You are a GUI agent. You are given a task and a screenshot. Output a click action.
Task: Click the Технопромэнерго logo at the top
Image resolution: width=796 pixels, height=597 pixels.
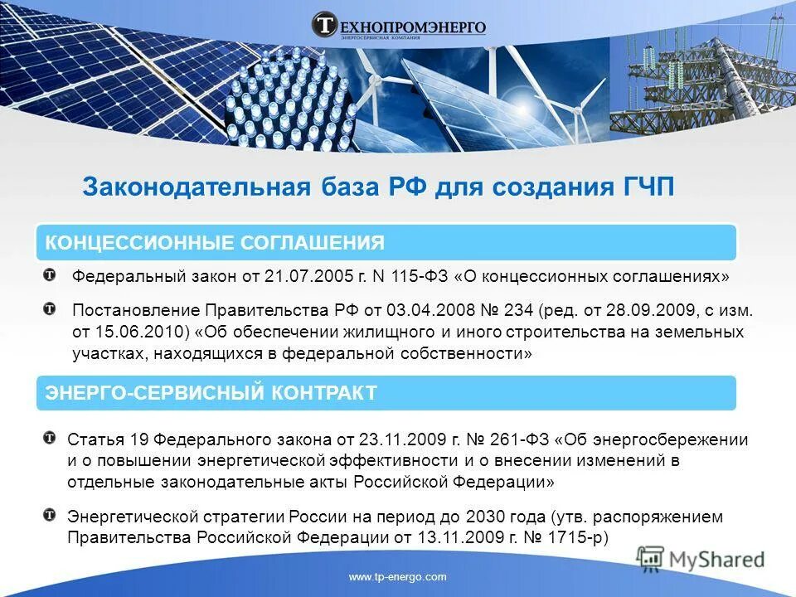pyautogui.click(x=398, y=25)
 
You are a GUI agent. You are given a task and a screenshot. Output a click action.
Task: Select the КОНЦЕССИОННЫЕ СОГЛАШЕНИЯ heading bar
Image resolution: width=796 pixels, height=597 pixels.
pyautogui.click(x=386, y=242)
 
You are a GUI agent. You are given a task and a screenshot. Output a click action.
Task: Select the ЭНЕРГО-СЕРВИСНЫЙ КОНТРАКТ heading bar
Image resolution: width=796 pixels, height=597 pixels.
pyautogui.click(x=386, y=392)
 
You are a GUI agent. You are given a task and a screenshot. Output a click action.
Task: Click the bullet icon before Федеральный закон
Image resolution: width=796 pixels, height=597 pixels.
pyautogui.click(x=51, y=274)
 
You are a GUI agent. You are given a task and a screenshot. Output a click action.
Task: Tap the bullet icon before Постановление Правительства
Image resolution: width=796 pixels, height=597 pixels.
pyautogui.click(x=51, y=309)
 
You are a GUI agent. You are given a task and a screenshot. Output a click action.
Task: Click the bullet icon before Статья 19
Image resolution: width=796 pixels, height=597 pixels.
pyautogui.click(x=51, y=437)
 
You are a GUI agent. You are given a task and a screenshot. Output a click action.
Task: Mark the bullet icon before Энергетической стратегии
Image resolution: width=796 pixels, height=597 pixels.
pyautogui.click(x=51, y=515)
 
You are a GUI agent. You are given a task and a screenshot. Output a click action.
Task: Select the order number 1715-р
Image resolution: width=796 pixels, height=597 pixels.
pyautogui.click(x=571, y=537)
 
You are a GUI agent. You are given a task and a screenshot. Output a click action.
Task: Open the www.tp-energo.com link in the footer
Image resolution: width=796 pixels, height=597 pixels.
pyautogui.click(x=398, y=577)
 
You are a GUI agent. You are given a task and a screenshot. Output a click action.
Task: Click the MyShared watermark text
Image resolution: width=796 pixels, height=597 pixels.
pyautogui.click(x=716, y=559)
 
